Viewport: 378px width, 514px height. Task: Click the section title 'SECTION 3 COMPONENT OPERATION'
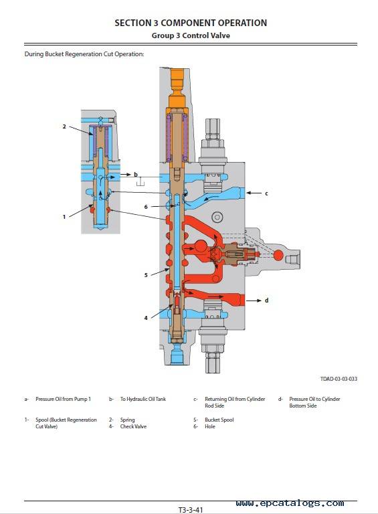[191, 23]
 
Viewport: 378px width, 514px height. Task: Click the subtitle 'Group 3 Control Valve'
[191, 35]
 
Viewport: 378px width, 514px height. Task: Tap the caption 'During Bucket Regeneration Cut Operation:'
[84, 54]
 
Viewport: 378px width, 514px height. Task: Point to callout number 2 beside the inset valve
[64, 126]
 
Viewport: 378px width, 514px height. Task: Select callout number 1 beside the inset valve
[64, 217]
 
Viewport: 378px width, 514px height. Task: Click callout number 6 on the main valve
[146, 207]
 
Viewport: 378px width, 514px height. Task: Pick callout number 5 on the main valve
[146, 275]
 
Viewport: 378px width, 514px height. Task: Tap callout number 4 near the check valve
[146, 318]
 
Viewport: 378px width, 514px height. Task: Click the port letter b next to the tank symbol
[136, 175]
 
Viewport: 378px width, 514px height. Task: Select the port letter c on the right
[266, 193]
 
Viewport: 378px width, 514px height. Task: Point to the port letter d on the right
[267, 301]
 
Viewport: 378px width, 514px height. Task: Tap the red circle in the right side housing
[278, 256]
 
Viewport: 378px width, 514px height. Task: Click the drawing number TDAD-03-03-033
[339, 379]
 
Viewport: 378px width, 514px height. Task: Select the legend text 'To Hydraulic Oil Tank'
[143, 399]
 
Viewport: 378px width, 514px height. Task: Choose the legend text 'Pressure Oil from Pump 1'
[63, 399]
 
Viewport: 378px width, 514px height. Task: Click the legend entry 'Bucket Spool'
[219, 420]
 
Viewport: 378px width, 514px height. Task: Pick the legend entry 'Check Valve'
[133, 426]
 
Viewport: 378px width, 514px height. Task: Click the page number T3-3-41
[191, 510]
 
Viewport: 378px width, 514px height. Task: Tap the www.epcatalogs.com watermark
[290, 503]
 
